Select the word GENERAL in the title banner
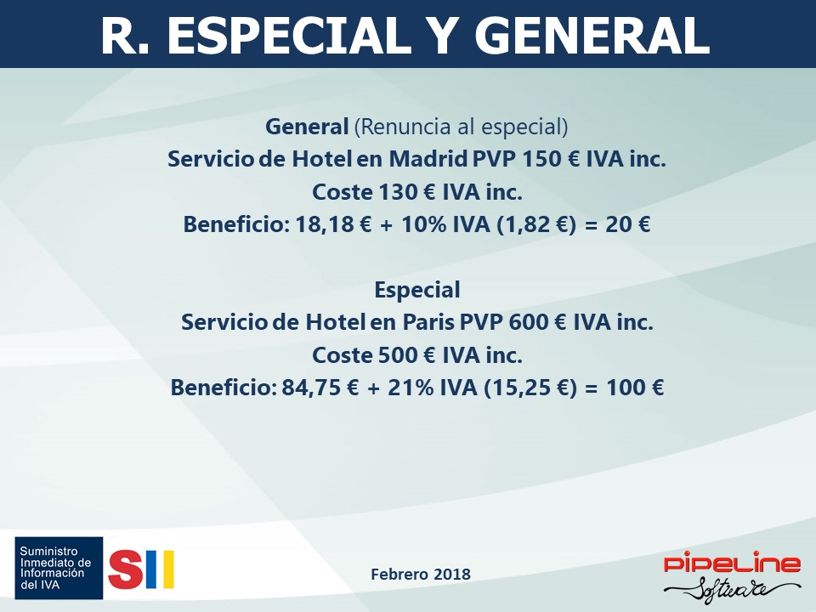click(x=592, y=36)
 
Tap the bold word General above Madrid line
click(x=307, y=127)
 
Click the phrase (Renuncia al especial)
click(x=461, y=127)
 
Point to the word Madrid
click(x=428, y=159)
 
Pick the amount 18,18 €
click(x=333, y=224)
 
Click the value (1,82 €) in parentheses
click(x=536, y=224)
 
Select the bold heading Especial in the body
click(x=417, y=290)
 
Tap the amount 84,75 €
click(x=320, y=388)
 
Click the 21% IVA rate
click(x=433, y=388)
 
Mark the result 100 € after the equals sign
click(x=635, y=388)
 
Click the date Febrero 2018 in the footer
click(x=421, y=574)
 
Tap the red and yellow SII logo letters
click(x=141, y=569)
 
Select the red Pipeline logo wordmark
click(x=732, y=563)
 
